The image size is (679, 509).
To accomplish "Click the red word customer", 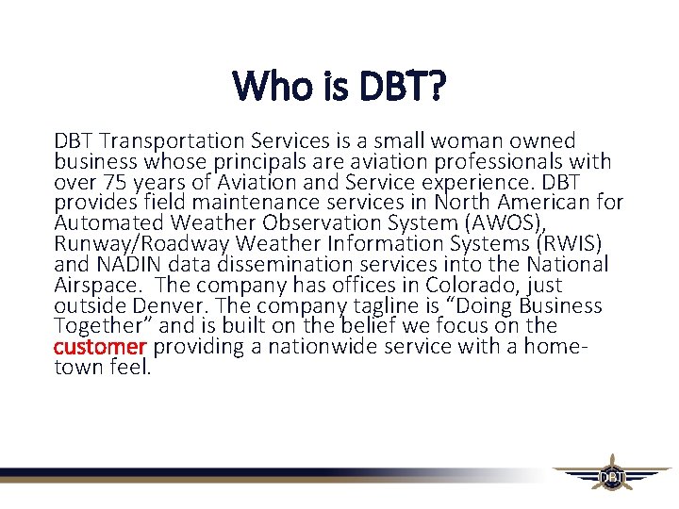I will pos(100,347).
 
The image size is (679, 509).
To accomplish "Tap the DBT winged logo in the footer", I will pos(611,477).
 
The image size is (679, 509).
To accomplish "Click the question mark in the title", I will pos(435,88).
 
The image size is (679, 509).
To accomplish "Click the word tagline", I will pos(345,305).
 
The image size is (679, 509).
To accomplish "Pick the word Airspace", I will pos(98,285).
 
